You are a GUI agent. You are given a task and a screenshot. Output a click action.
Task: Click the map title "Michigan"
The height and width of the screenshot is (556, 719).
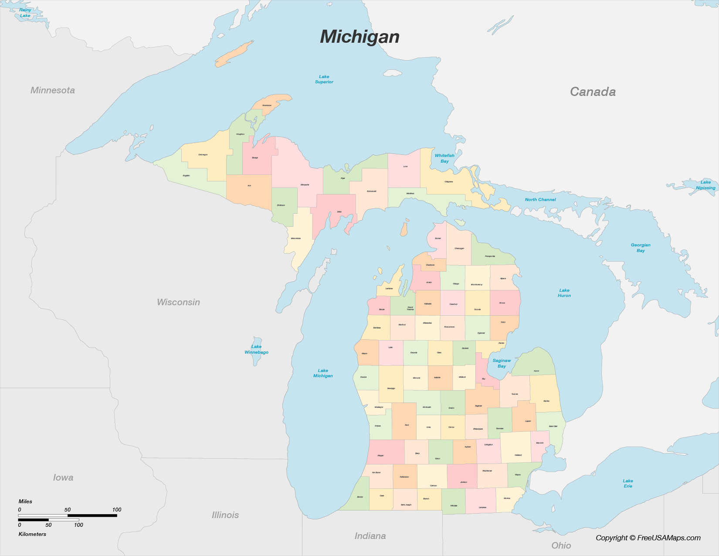[359, 37]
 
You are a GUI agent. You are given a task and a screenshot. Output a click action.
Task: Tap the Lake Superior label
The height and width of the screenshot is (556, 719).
[324, 79]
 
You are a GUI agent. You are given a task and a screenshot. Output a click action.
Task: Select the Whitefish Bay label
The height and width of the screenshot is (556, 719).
[444, 158]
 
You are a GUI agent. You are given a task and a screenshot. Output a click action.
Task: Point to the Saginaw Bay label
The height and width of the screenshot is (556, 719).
[502, 363]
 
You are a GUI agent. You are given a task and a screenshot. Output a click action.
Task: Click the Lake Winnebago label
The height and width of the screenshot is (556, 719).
[256, 349]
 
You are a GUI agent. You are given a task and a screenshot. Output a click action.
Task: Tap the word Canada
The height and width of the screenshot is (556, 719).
[593, 92]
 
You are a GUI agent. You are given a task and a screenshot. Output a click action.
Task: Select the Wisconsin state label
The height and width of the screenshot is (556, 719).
[178, 302]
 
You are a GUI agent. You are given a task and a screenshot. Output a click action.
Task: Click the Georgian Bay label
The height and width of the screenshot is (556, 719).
[640, 248]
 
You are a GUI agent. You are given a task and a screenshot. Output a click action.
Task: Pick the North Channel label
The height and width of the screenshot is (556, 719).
[540, 200]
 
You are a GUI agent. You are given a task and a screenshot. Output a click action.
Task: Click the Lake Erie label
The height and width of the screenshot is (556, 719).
[627, 483]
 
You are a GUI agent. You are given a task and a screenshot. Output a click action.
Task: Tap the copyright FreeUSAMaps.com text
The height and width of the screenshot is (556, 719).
[648, 538]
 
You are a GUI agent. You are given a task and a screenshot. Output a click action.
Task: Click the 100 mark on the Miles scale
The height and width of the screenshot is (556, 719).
[116, 509]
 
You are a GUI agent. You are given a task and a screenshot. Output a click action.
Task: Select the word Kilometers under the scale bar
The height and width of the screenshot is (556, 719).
[32, 534]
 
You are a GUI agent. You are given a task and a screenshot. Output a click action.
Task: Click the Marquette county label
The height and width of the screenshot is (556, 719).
[305, 185]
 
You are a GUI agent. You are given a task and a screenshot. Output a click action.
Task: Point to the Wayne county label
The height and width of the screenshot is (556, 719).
[518, 475]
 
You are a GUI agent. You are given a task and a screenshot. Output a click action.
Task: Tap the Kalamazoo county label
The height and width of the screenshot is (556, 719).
[404, 477]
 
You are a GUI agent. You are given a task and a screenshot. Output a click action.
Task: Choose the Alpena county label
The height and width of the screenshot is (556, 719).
[503, 278]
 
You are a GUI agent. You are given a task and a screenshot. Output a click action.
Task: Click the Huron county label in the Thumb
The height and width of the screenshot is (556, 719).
[536, 371]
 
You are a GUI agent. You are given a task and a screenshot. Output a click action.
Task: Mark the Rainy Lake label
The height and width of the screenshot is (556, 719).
[25, 13]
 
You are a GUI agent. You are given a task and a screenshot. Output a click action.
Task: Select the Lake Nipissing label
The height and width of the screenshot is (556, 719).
[705, 185]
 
